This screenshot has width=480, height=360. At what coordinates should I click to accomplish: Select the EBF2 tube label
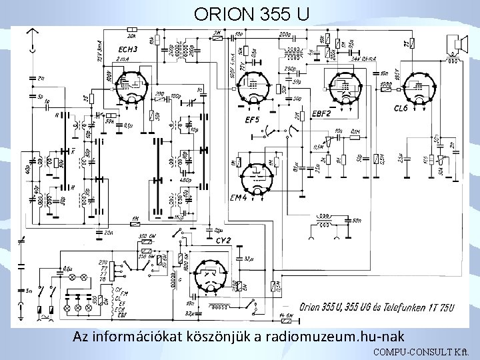tap(321, 115)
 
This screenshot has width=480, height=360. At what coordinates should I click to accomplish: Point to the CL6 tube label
tap(401, 108)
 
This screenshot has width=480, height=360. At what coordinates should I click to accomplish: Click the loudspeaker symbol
tap(455, 45)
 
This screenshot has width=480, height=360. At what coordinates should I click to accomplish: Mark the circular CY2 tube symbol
tap(214, 276)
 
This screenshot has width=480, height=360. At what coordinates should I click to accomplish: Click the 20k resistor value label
tap(131, 37)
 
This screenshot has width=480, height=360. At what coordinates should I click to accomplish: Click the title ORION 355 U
tap(252, 13)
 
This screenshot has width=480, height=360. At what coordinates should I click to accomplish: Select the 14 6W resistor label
tap(287, 316)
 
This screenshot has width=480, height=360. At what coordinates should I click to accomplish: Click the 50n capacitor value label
tap(357, 221)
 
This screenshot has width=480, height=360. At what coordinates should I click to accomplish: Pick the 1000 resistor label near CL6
tap(386, 84)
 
